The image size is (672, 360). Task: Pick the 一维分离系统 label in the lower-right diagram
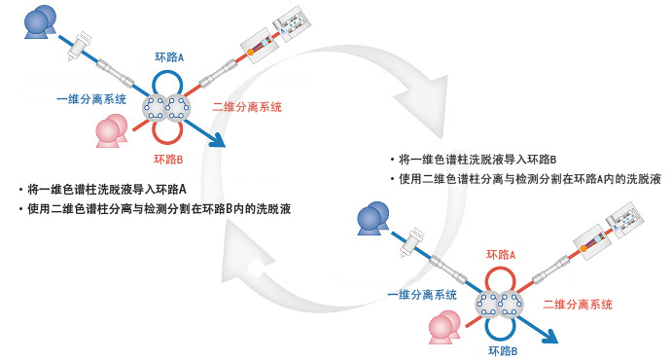pyautogui.click(x=422, y=295)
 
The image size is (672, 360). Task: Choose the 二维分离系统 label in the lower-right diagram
pyautogui.click(x=578, y=304)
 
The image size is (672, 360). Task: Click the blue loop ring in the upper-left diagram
pyautogui.click(x=169, y=84)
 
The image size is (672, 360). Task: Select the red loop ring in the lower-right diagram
pyautogui.click(x=501, y=281)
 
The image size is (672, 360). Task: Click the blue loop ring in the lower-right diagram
pyautogui.click(x=503, y=325)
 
